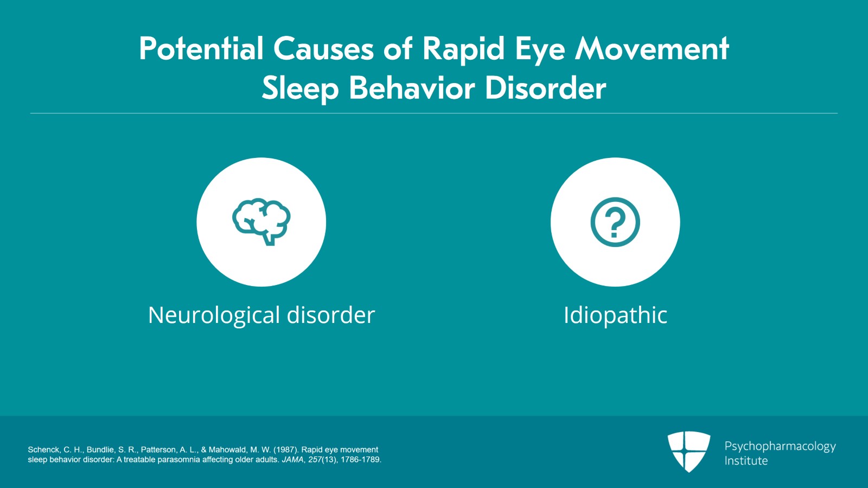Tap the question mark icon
(615, 222)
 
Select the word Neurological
(214, 315)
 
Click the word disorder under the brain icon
(331, 315)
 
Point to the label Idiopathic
(615, 315)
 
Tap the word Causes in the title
(323, 49)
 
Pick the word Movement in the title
(652, 49)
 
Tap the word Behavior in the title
(412, 88)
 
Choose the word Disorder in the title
(546, 88)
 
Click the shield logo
(688, 452)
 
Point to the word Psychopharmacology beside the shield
(780, 447)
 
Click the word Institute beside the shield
(746, 461)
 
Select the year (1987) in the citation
(286, 450)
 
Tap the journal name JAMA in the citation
(293, 460)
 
